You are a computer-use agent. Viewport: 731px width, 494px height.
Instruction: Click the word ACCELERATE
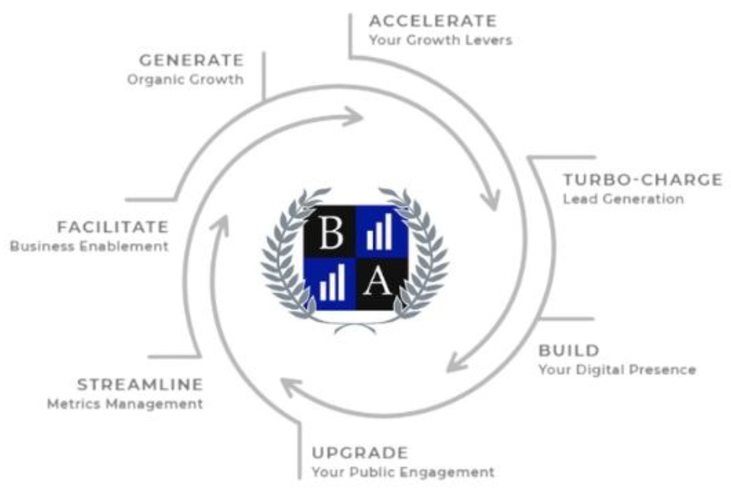(x=432, y=21)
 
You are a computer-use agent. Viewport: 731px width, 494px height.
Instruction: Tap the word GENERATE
(x=191, y=60)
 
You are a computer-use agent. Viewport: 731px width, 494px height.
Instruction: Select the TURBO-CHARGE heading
(x=643, y=180)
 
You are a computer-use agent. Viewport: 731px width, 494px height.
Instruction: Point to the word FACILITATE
(x=113, y=227)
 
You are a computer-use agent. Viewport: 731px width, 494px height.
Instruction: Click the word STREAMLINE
(x=140, y=385)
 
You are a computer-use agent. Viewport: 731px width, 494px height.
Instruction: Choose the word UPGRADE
(x=360, y=453)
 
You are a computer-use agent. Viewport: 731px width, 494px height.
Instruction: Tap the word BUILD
(x=569, y=351)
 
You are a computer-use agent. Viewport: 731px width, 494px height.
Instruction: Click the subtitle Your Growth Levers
(x=441, y=40)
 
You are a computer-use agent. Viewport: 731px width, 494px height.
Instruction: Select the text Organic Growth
(x=185, y=80)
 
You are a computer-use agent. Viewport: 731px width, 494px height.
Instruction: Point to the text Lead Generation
(x=624, y=199)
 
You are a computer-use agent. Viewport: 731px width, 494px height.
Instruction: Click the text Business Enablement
(x=89, y=246)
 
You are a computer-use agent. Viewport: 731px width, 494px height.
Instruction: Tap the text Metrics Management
(x=125, y=404)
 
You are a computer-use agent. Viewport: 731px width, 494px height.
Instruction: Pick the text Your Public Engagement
(x=403, y=472)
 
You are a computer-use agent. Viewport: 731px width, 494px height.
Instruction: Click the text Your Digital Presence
(x=617, y=370)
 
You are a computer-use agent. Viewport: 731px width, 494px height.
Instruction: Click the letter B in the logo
(x=331, y=233)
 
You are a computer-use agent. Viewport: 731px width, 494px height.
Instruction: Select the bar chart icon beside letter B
(x=379, y=232)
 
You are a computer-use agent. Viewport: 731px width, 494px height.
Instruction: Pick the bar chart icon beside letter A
(x=332, y=282)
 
